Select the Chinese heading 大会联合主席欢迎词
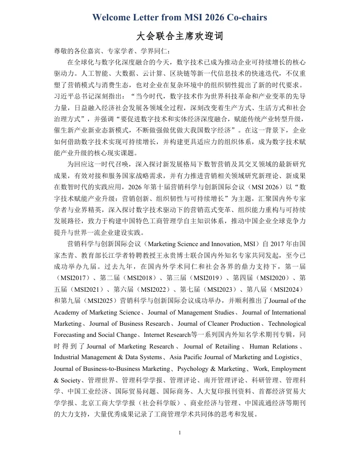tap(180, 37)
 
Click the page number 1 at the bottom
tap(180, 432)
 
